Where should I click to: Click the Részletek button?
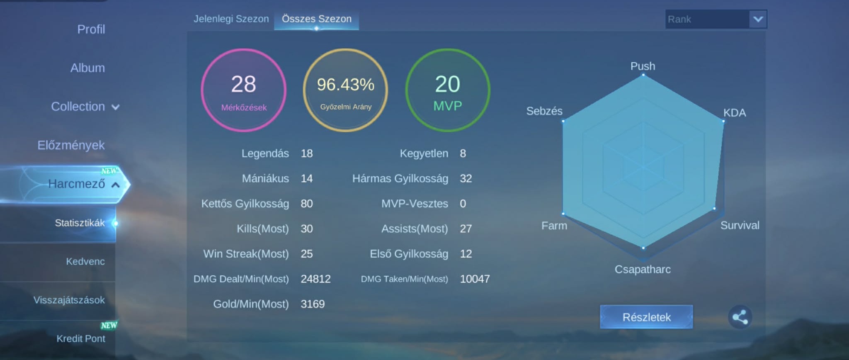646,317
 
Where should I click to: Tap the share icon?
740,317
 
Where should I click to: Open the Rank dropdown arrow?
758,19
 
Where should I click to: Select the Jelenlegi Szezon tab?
231,19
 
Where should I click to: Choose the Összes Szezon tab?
317,19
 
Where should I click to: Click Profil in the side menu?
91,29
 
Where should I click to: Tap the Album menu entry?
87,68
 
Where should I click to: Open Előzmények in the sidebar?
71,145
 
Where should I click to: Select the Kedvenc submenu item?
85,261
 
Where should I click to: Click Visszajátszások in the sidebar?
69,300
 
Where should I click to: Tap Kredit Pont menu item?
81,338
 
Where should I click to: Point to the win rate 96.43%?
346,85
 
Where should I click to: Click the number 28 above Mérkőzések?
244,84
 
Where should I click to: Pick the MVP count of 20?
448,84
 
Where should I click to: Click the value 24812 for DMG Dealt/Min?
316,279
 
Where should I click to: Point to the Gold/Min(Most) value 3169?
313,304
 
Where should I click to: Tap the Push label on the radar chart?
643,66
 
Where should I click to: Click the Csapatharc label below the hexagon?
643,269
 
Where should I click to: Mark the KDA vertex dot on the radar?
723,122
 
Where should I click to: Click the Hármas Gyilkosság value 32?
466,178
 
